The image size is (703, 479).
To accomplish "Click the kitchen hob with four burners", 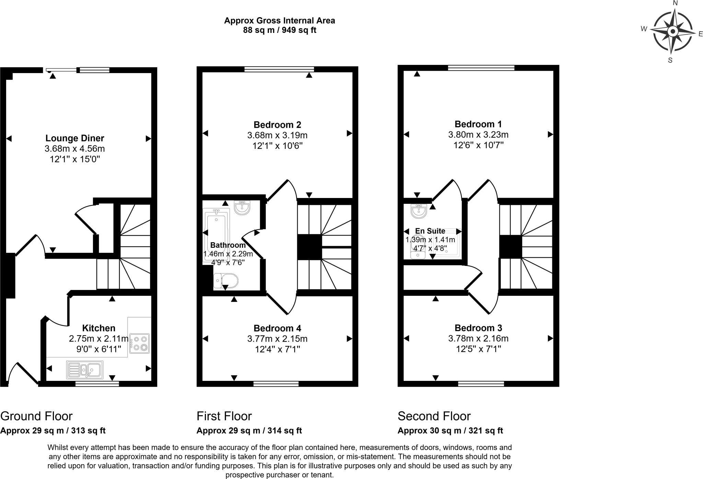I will click(x=139, y=343).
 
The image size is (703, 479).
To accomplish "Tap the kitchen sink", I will click(x=85, y=370).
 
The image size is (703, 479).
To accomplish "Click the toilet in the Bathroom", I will click(x=226, y=281).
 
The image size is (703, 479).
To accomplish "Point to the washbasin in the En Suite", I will click(x=418, y=211).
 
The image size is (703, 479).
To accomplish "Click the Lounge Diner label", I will click(x=74, y=138).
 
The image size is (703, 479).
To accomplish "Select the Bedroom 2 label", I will click(x=277, y=125).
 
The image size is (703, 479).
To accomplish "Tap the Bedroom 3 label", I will click(x=478, y=328).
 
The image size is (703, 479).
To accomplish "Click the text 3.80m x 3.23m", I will click(x=478, y=135).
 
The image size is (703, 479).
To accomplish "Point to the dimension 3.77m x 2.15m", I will click(x=277, y=339).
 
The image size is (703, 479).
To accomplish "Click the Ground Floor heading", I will click(x=36, y=416).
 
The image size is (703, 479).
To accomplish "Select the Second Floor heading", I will click(x=434, y=416).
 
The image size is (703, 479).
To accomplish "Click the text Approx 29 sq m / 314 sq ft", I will click(x=249, y=431).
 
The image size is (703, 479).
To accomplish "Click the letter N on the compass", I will click(x=675, y=3).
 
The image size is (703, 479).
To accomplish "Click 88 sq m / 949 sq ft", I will click(x=279, y=30).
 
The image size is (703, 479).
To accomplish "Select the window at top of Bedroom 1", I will click(x=481, y=68).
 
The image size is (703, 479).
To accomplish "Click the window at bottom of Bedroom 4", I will click(x=276, y=384).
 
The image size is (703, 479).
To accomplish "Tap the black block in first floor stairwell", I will click(x=309, y=247).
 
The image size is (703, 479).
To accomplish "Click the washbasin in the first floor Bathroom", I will click(x=242, y=207).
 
